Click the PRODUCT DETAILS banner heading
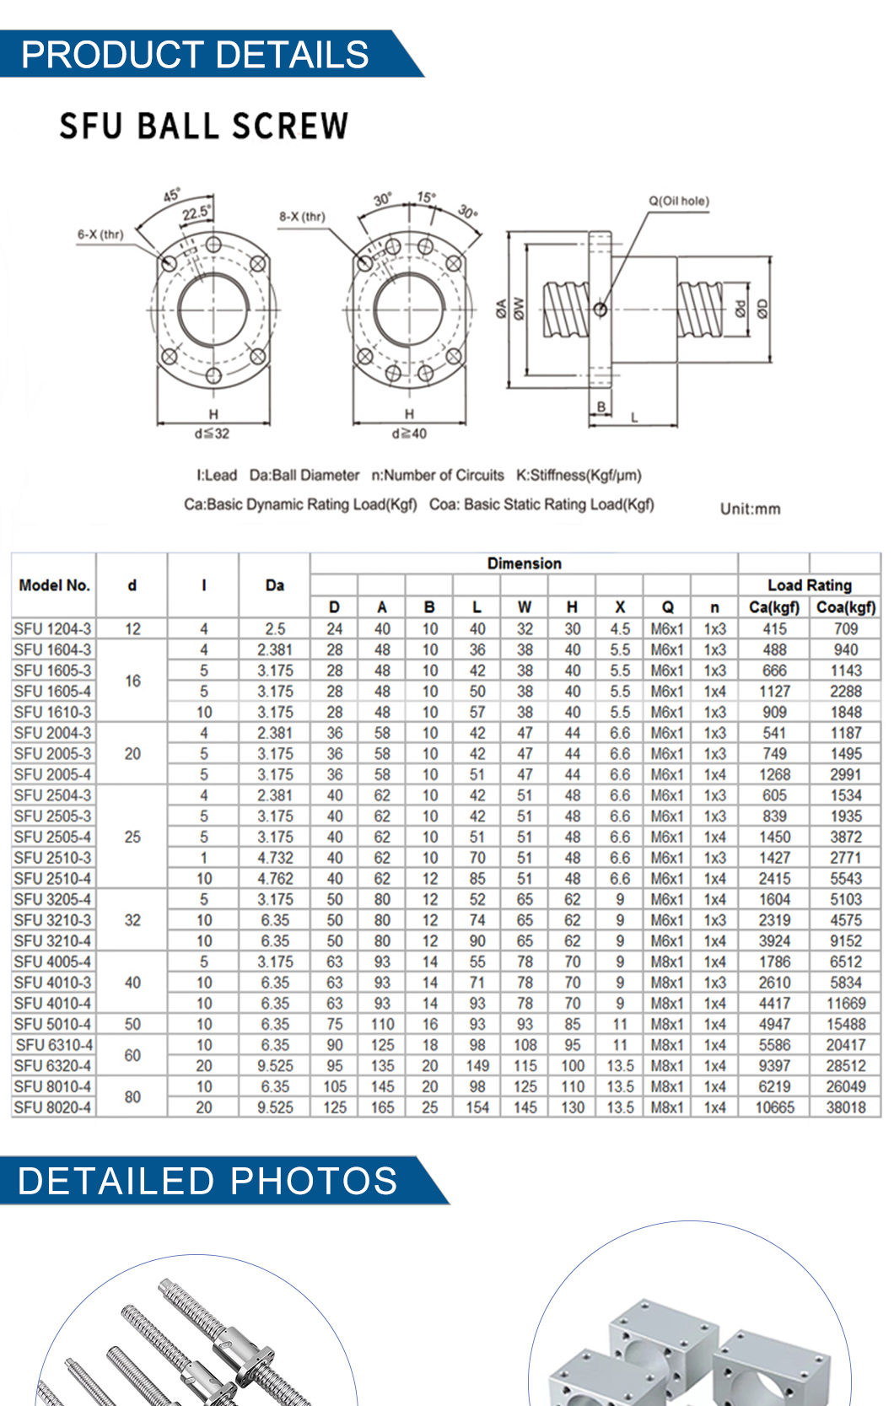pyautogui.click(x=195, y=54)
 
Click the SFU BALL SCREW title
pyautogui.click(x=203, y=127)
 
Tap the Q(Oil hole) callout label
pyautogui.click(x=678, y=201)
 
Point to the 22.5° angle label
pyautogui.click(x=197, y=213)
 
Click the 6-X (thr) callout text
pyautogui.click(x=100, y=234)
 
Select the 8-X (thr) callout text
pyautogui.click(x=302, y=217)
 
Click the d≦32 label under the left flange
pyautogui.click(x=212, y=434)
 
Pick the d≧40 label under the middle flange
pyautogui.click(x=409, y=434)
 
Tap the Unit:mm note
pyautogui.click(x=750, y=509)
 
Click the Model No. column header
pyautogui.click(x=54, y=585)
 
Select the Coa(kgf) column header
pyautogui.click(x=845, y=607)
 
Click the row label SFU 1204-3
pyautogui.click(x=53, y=629)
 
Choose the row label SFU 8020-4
pyautogui.click(x=53, y=1107)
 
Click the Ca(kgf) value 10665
pyautogui.click(x=774, y=1107)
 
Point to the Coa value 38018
pyautogui.click(x=845, y=1107)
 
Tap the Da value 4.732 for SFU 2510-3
pyautogui.click(x=275, y=858)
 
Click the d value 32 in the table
pyautogui.click(x=132, y=920)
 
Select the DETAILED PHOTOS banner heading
pyautogui.click(x=207, y=1181)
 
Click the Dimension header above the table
pyautogui.click(x=524, y=563)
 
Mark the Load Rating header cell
pyautogui.click(x=809, y=585)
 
